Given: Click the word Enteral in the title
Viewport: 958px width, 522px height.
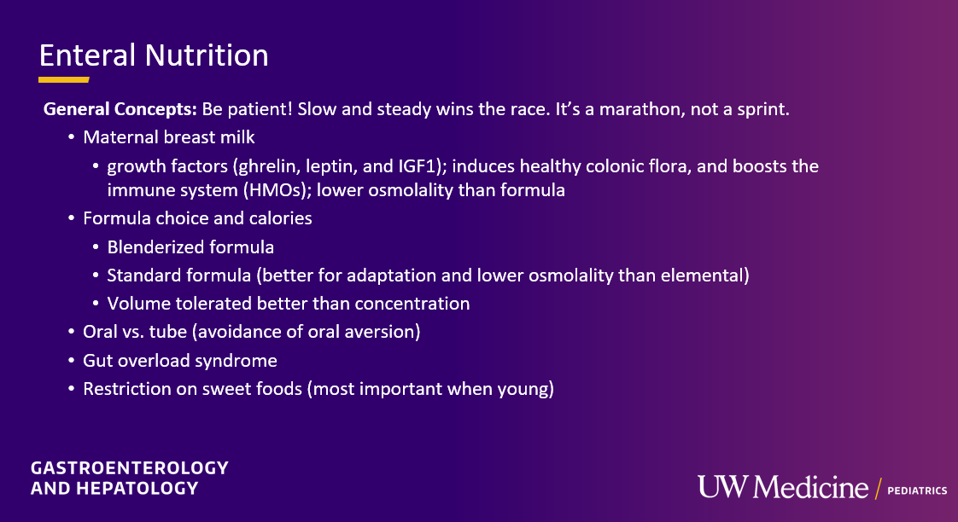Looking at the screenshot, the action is click(x=87, y=55).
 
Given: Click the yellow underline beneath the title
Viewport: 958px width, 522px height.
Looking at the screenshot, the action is click(x=63, y=79).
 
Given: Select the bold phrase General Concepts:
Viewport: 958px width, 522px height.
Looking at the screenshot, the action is click(x=120, y=109).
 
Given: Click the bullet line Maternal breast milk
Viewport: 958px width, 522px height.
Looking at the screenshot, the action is click(x=168, y=136).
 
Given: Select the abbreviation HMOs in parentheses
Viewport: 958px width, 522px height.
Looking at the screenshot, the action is click(x=276, y=190).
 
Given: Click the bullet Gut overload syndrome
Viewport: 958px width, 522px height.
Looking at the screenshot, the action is click(x=179, y=360).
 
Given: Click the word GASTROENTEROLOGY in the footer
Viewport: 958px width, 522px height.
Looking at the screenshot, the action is click(x=130, y=467).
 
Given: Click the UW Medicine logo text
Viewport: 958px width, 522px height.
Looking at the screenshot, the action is click(x=783, y=486).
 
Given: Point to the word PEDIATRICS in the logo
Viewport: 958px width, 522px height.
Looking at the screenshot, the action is click(x=917, y=490).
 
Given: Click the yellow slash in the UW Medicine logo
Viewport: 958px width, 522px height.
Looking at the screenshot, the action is click(x=878, y=489).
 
